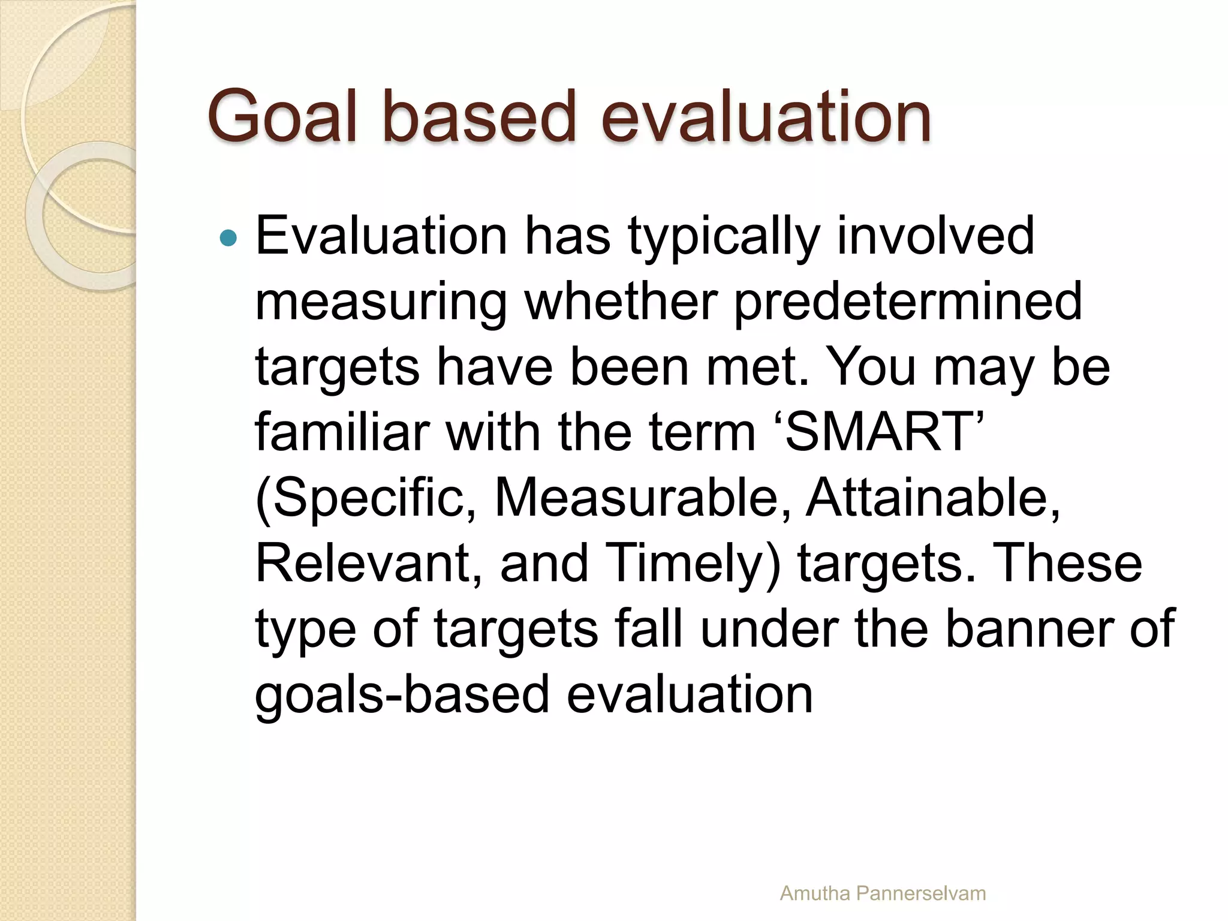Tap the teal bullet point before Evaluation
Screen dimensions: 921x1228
pos(228,239)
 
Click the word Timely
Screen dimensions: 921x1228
pos(690,564)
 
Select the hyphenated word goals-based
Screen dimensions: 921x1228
pos(402,695)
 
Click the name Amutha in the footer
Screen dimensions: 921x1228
pos(815,893)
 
